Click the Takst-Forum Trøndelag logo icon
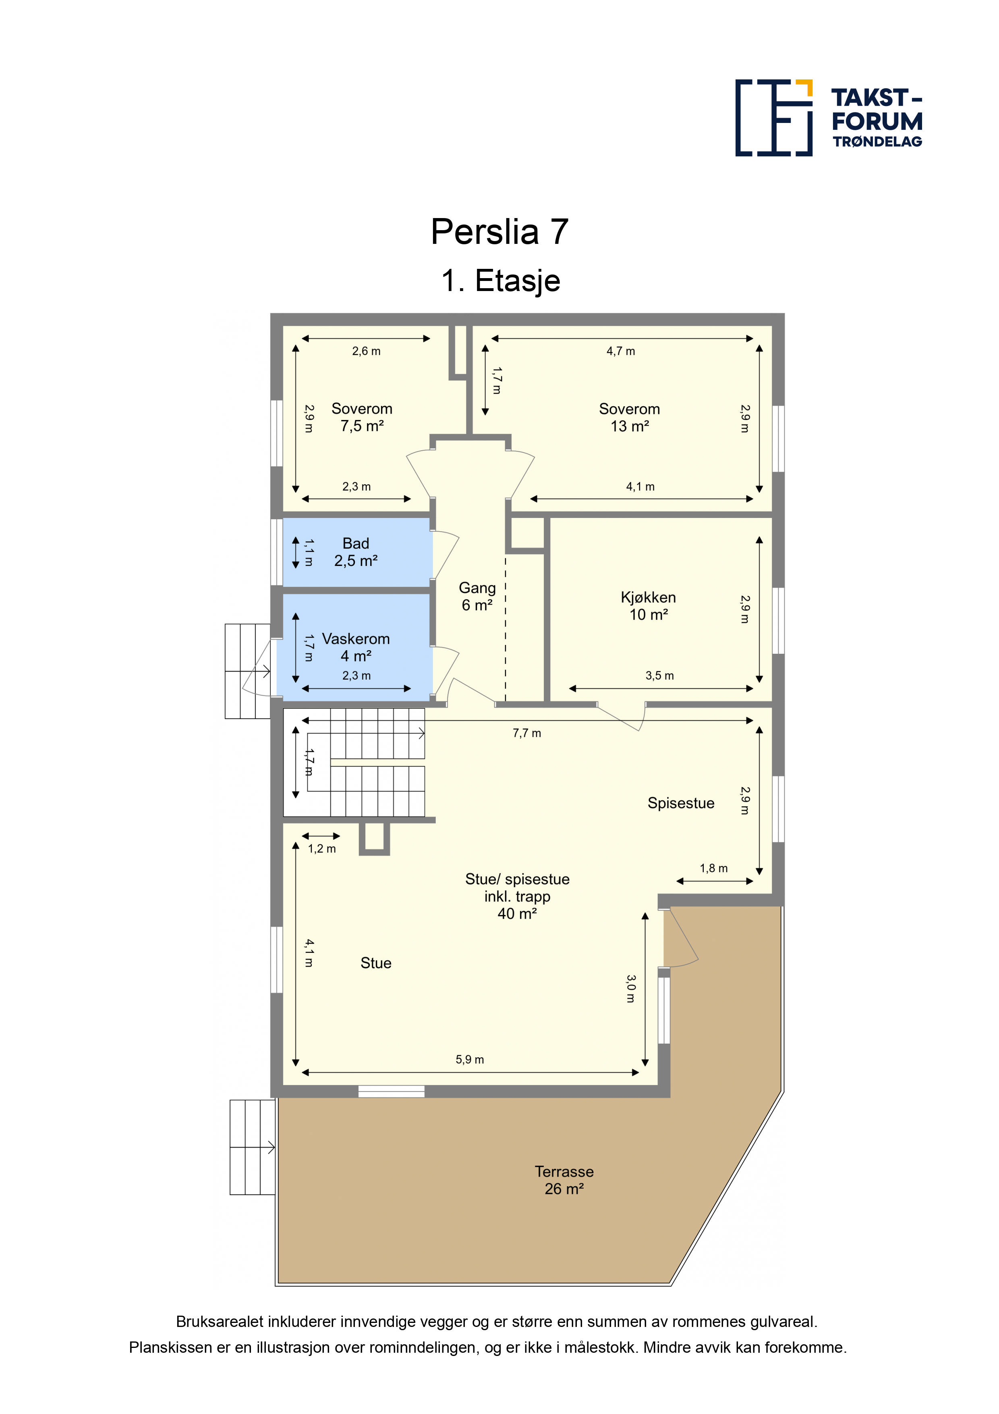[x=774, y=118]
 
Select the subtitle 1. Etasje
[x=500, y=281]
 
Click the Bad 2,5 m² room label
[x=356, y=552]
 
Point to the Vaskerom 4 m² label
[x=356, y=647]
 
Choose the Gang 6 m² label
[x=477, y=596]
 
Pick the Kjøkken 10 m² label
[x=648, y=605]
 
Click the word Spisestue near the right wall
[x=681, y=803]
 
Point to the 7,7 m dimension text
[x=527, y=733]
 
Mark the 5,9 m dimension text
[x=470, y=1059]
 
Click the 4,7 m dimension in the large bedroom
[x=620, y=351]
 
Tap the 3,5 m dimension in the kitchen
[x=659, y=676]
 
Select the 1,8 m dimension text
[x=713, y=868]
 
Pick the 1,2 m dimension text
[x=322, y=848]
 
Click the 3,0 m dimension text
[x=630, y=988]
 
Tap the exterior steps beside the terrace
[x=252, y=1147]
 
